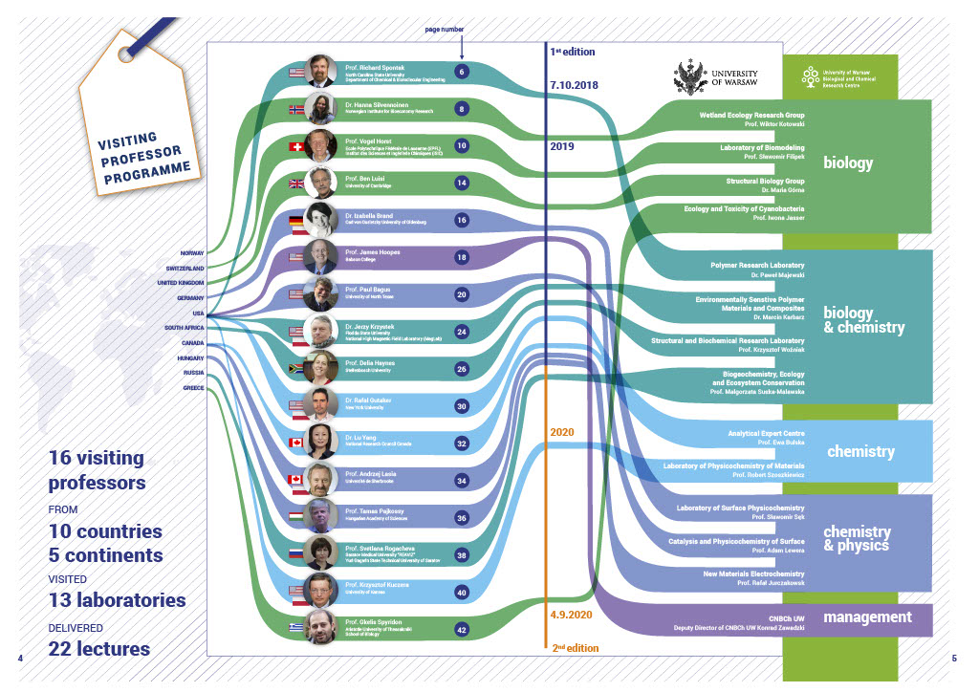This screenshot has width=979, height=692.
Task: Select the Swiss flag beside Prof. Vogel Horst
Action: click(x=296, y=146)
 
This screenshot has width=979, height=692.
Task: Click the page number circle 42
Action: click(x=462, y=629)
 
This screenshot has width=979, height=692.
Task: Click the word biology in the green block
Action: click(x=848, y=163)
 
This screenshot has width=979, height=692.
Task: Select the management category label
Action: click(x=867, y=617)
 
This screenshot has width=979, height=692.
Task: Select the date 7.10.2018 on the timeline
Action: click(x=574, y=85)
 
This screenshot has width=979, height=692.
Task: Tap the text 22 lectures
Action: click(x=99, y=649)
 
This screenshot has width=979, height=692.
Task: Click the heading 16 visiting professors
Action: click(x=97, y=470)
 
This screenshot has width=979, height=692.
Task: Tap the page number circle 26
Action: click(x=462, y=369)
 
